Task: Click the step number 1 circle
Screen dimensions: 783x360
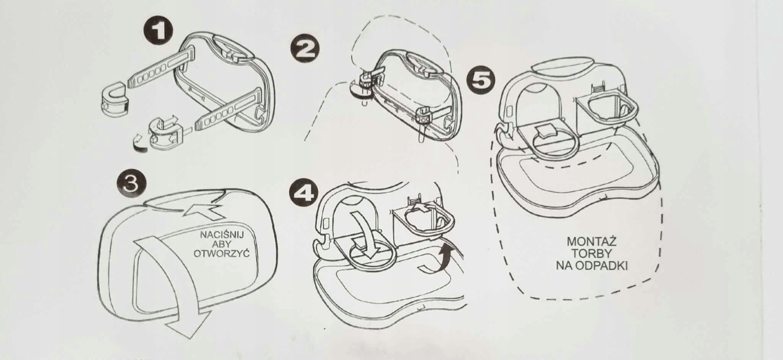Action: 158,32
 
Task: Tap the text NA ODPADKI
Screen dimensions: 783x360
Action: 591,266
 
